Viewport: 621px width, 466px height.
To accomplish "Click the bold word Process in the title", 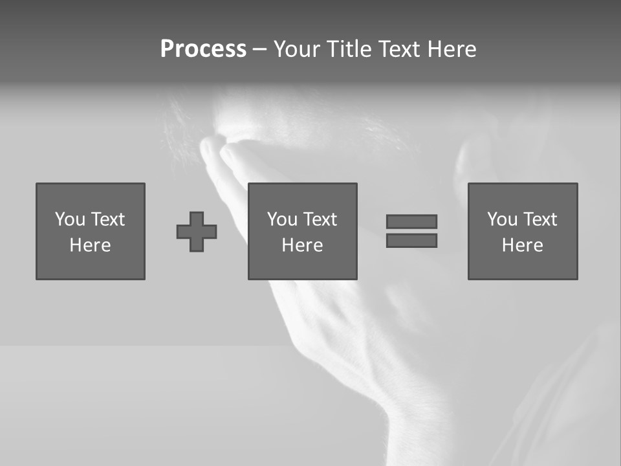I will [x=203, y=49].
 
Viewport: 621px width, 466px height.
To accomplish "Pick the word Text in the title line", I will [x=397, y=49].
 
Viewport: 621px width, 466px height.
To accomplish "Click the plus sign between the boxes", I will [x=197, y=232].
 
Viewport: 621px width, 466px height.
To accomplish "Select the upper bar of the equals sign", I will [x=411, y=221].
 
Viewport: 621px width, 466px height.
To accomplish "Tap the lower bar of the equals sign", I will [x=411, y=241].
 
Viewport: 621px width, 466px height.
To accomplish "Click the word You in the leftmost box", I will [x=70, y=219].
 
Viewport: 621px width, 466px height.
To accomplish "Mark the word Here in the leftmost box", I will [x=90, y=245].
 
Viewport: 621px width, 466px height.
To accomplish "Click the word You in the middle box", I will [x=282, y=219].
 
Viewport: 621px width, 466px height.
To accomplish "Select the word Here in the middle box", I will [x=302, y=245].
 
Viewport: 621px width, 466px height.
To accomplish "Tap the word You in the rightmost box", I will [x=502, y=219].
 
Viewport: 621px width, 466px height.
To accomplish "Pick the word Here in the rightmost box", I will [x=522, y=245].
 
